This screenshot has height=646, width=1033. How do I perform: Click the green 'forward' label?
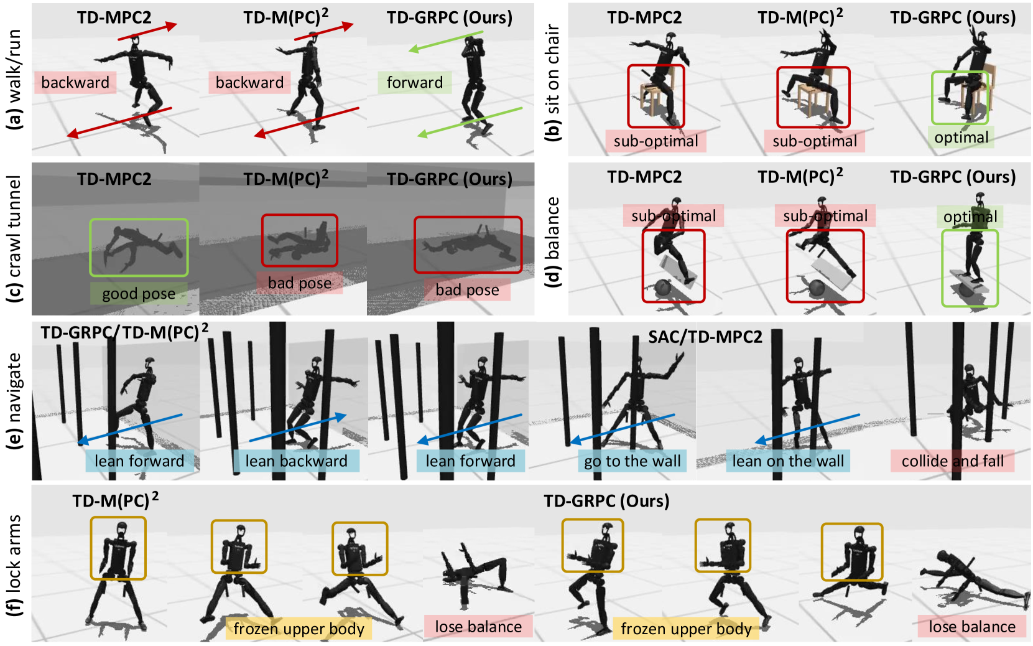pyautogui.click(x=415, y=83)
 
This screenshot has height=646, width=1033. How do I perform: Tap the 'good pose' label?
pyautogui.click(x=139, y=294)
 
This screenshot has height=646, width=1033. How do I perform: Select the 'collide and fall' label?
pyautogui.click(x=952, y=461)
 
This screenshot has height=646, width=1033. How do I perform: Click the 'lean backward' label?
pyautogui.click(x=297, y=461)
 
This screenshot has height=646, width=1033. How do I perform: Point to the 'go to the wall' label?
pyautogui.click(x=632, y=461)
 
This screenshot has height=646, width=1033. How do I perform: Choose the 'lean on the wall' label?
pyautogui.click(x=788, y=461)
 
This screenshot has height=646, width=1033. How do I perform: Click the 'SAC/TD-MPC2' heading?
pyautogui.click(x=705, y=337)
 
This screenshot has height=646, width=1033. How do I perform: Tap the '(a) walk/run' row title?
pyautogui.click(x=15, y=79)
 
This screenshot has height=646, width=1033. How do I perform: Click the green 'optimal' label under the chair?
pyautogui.click(x=961, y=137)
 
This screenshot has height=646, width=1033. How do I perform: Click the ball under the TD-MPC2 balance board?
pyautogui.click(x=664, y=288)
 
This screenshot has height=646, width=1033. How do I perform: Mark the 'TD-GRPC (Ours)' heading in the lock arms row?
pyautogui.click(x=606, y=500)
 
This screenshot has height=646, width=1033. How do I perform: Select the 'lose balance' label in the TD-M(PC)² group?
pyautogui.click(x=478, y=627)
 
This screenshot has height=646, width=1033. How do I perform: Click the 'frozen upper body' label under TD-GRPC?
pyautogui.click(x=686, y=629)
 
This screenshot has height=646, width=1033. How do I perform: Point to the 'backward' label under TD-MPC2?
pyautogui.click(x=75, y=83)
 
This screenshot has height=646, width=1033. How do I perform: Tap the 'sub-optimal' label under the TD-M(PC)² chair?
pyautogui.click(x=815, y=141)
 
